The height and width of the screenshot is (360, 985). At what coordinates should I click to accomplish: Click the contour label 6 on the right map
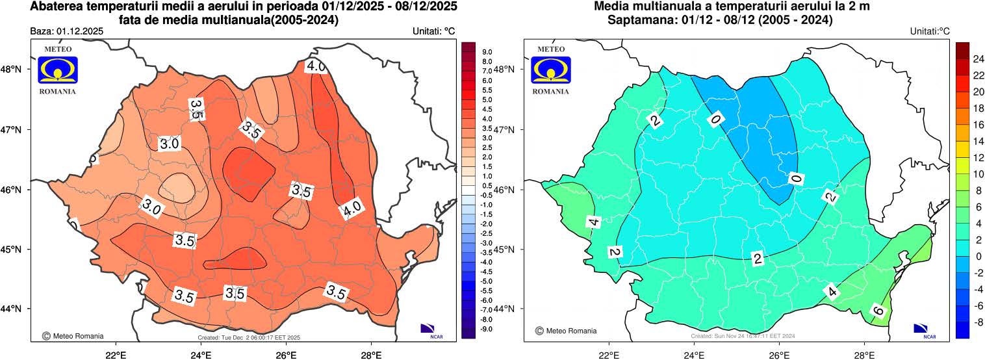[x=878, y=311]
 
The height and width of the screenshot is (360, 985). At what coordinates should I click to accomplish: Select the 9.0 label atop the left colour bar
[x=487, y=51]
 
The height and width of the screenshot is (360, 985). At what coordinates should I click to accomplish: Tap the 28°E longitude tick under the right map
[x=863, y=355]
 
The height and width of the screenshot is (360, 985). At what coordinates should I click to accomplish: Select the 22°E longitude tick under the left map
[x=116, y=355]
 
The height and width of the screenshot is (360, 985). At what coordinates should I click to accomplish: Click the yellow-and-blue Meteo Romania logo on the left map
[x=58, y=70]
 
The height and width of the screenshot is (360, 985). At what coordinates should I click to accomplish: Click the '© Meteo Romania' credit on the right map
[x=566, y=331]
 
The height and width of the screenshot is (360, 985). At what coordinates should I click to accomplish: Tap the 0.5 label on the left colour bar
[x=487, y=185]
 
